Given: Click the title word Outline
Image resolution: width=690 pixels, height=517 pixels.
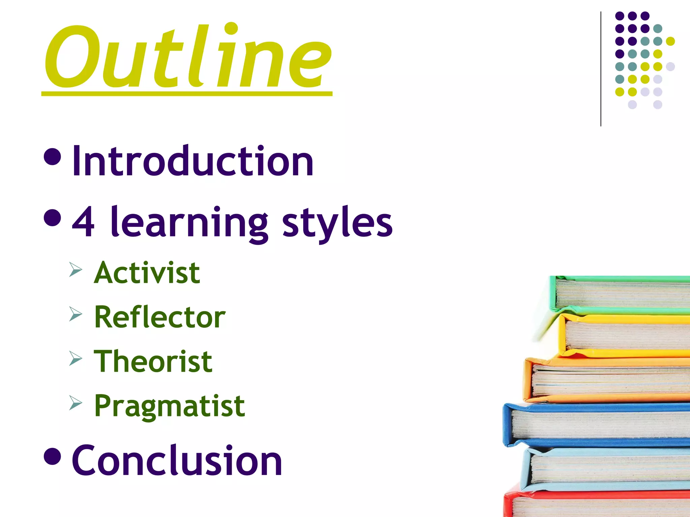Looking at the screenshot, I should tap(187, 57).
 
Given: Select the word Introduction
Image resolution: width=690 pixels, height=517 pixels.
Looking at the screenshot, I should tap(193, 161).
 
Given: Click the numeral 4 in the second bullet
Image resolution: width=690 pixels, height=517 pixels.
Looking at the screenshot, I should tap(83, 222).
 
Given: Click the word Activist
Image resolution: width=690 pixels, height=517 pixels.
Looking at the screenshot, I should tap(147, 273).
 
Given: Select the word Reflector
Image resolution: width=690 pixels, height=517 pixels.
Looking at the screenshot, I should tap(160, 317).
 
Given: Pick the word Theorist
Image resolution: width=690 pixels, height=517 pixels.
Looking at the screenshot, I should tap(153, 361).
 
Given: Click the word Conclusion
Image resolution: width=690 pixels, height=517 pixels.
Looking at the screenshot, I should tap(177, 460).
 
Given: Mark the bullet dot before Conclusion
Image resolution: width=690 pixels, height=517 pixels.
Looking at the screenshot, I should tap(53, 456).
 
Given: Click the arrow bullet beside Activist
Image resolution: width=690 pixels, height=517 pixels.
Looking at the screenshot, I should tap(75, 270).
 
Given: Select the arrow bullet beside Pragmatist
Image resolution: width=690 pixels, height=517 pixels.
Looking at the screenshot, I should tap(75, 403).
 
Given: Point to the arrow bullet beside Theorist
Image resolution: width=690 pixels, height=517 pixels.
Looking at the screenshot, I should tap(75, 358).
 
